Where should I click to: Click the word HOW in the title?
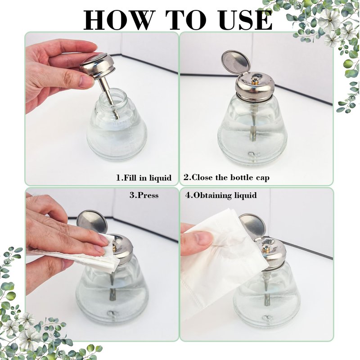point(118,20)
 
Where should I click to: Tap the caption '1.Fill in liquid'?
point(144,178)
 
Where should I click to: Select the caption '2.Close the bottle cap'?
point(226,178)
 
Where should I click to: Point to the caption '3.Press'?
point(144,195)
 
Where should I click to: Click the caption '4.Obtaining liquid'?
point(221,195)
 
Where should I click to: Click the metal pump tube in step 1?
point(108,96)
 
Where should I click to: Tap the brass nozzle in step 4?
point(266,247)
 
